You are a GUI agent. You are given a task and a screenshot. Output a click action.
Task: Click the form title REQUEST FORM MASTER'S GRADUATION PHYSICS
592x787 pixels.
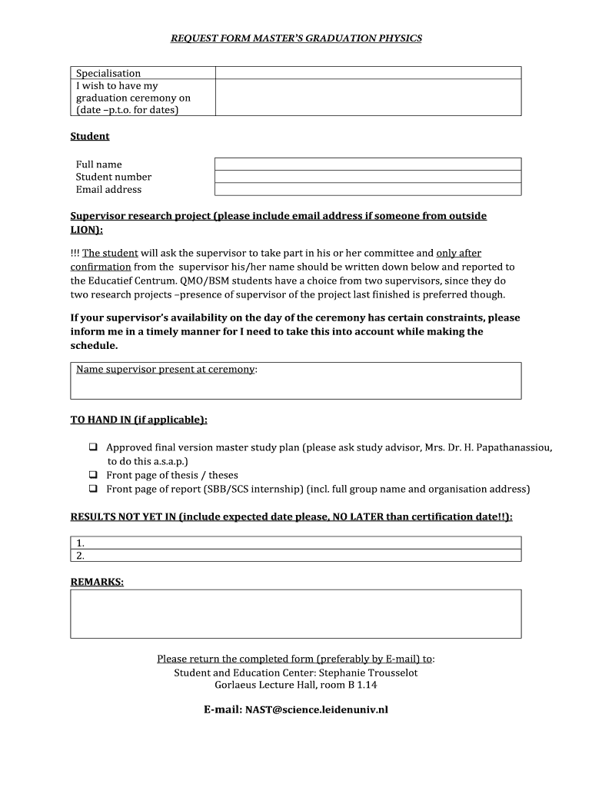tap(296, 38)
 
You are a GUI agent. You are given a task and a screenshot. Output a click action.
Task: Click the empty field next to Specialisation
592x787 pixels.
tap(368, 73)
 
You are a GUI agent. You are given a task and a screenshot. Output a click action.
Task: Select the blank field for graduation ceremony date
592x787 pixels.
tap(368, 98)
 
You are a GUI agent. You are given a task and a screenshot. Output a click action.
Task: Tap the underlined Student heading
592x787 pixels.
tap(90, 136)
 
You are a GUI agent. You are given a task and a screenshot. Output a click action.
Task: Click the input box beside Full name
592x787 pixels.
tap(368, 164)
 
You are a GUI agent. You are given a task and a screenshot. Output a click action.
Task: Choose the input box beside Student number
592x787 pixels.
tap(368, 176)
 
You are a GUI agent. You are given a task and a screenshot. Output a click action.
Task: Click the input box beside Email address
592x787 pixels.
tap(368, 189)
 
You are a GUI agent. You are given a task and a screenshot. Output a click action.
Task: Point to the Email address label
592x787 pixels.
tap(108, 189)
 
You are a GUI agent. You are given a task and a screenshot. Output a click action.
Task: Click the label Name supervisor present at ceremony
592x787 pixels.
tap(166, 370)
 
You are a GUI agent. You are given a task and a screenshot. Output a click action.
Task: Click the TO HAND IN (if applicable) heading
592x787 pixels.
tap(138, 420)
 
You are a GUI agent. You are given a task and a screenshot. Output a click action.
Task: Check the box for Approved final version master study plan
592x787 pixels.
tap(93, 447)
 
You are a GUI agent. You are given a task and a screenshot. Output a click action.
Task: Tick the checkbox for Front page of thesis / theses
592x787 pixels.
tap(93, 475)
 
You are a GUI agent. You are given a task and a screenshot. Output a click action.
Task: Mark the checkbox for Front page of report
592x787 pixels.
tap(93, 489)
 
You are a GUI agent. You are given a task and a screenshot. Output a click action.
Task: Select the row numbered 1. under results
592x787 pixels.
tap(296, 543)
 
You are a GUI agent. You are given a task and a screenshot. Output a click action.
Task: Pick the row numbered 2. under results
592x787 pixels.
tap(296, 555)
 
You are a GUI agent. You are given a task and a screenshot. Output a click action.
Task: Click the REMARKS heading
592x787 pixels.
tap(97, 582)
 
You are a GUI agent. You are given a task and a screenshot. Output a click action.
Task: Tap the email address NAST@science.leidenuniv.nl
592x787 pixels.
tap(316, 709)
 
